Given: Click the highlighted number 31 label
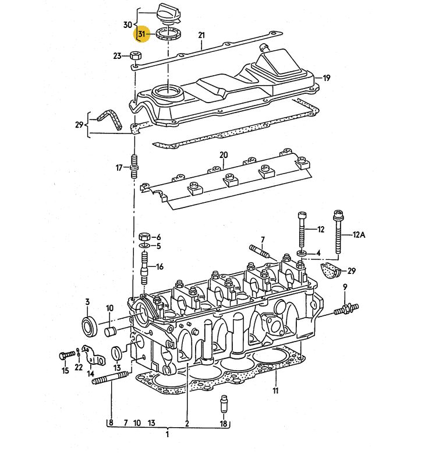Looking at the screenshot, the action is tap(141, 34).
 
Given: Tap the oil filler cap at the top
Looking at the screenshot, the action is tap(168, 13).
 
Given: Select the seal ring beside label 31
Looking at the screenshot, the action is tap(169, 33).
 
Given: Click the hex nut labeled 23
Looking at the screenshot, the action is tap(135, 55).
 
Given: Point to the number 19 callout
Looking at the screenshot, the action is tap(327, 78).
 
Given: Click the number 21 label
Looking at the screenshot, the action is tap(201, 36).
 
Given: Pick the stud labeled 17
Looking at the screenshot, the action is tap(134, 167).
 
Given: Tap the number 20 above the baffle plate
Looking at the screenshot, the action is tap(224, 155).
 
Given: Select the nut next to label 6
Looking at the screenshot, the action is tap(144, 237).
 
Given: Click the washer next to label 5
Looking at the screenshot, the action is tap(144, 246).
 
